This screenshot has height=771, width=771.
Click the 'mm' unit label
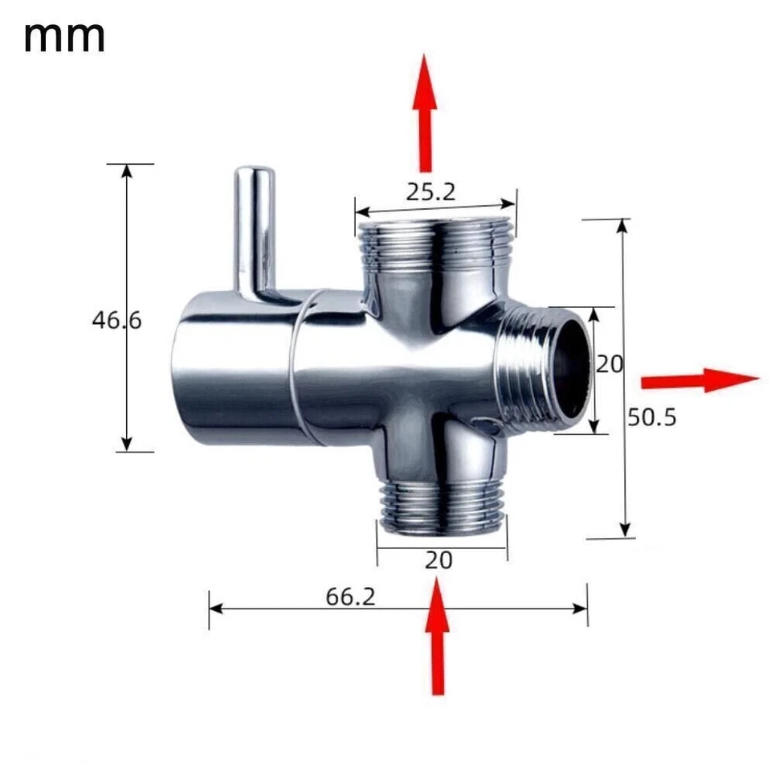64,36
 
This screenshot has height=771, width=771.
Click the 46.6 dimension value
116,320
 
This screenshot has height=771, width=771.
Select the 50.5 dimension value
652,417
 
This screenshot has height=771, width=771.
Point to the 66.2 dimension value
350,597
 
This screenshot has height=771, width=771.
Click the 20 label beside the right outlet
609,364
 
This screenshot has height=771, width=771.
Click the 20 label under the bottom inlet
439,560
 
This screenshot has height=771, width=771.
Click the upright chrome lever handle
255,229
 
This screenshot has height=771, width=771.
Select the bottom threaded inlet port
440,506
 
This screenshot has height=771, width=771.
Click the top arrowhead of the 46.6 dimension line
126,171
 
